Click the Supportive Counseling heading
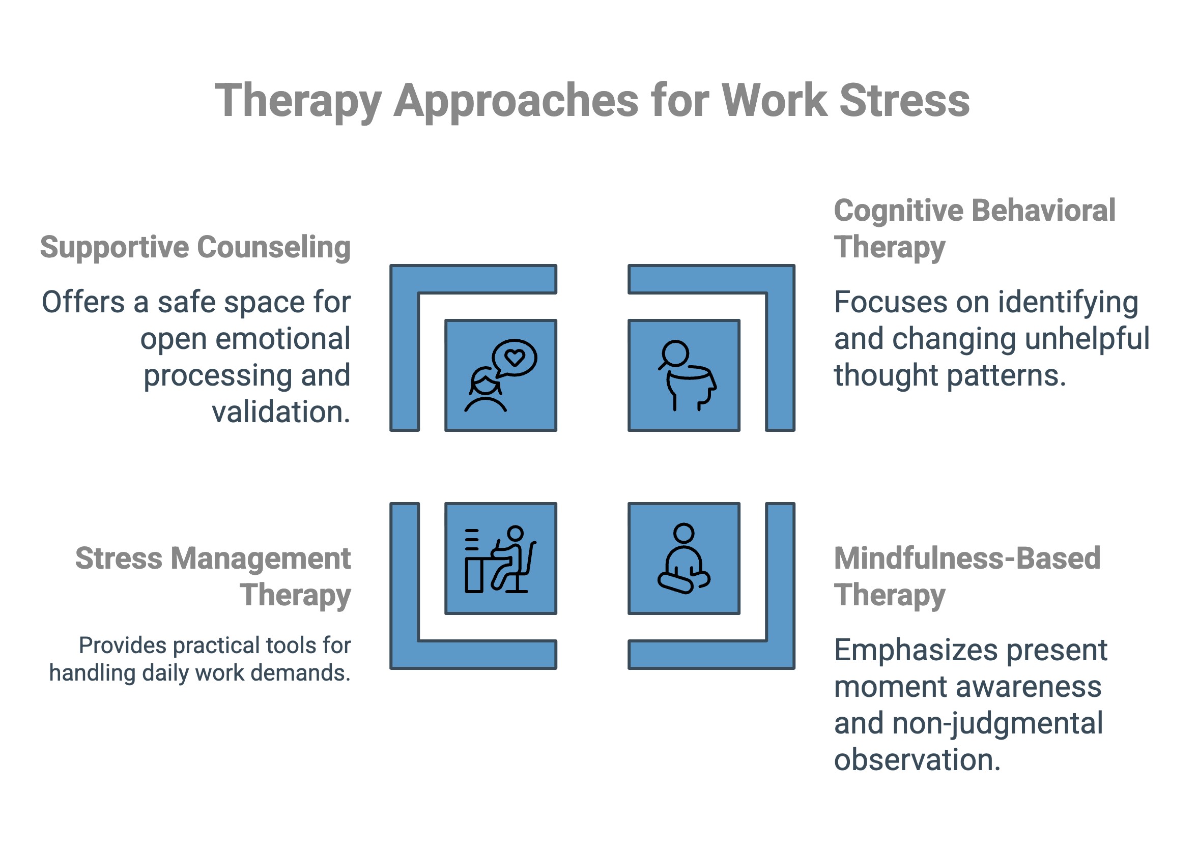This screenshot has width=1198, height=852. click(195, 247)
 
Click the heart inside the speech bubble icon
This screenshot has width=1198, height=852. click(514, 358)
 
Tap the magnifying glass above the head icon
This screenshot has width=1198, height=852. click(674, 354)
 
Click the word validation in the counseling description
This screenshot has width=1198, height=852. click(281, 412)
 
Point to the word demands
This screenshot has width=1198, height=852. click(317, 673)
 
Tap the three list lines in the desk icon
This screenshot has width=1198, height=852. click(471, 540)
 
